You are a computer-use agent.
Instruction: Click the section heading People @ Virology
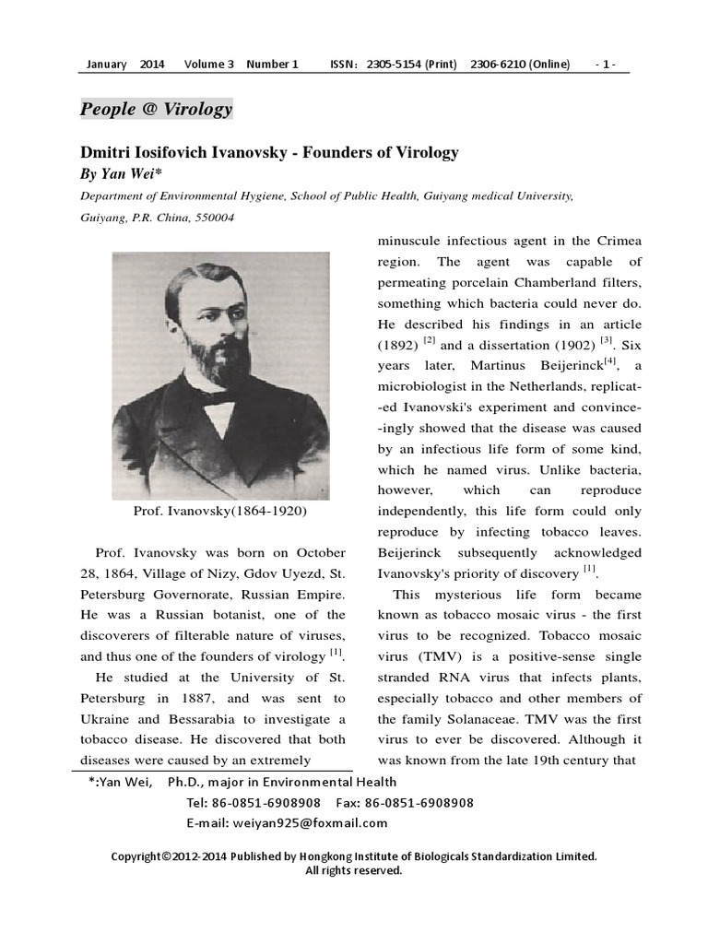pyautogui.click(x=157, y=110)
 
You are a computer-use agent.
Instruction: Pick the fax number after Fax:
pyautogui.click(x=419, y=803)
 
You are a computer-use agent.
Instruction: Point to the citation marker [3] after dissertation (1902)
pyautogui.click(x=606, y=342)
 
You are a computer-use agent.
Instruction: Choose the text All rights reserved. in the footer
pyautogui.click(x=354, y=870)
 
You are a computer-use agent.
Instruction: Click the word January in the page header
pyautogui.click(x=105, y=65)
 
